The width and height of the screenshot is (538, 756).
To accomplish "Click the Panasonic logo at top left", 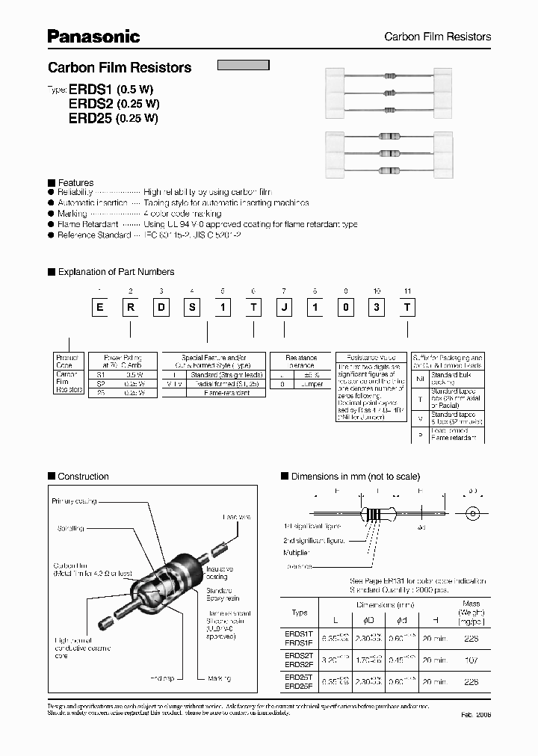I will pos(94,36).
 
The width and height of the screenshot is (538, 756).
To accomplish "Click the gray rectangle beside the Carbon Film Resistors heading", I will pos(243,64).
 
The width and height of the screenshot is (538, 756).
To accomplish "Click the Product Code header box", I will pos(67,362).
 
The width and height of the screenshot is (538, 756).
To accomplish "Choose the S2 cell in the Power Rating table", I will pos(99,383).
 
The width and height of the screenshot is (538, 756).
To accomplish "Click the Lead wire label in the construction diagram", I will pos(237,516).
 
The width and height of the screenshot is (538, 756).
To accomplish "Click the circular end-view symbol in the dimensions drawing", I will pos(471,514).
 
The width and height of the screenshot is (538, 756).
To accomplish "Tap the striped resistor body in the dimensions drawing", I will pos(377,514).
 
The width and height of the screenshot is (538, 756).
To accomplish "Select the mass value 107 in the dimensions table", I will pos(471,660).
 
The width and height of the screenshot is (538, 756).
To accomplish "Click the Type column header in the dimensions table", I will pos(299,613).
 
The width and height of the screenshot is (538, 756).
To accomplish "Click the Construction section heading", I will pos(83,476).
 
